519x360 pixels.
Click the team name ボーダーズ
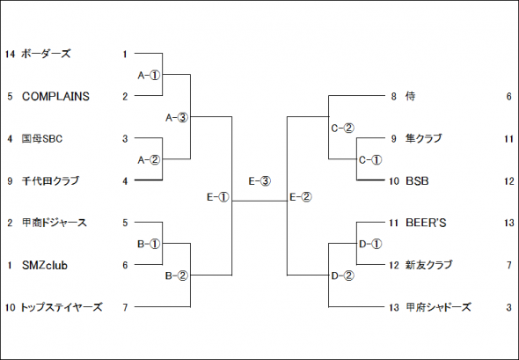pyautogui.click(x=46, y=54)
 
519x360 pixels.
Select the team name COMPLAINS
pyautogui.click(x=55, y=96)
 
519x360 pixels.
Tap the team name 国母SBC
pyautogui.click(x=42, y=138)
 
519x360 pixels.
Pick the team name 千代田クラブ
pyautogui.click(x=50, y=180)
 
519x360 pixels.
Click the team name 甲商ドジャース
pyautogui.click(x=55, y=223)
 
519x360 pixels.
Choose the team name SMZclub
pyautogui.click(x=45, y=265)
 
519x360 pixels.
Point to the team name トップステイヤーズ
pyautogui.click(x=62, y=307)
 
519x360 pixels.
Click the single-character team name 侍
pyautogui.click(x=410, y=96)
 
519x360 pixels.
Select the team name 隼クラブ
pyautogui.click(x=424, y=138)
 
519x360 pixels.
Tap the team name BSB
pyautogui.click(x=417, y=181)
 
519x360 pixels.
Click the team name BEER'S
pyautogui.click(x=426, y=223)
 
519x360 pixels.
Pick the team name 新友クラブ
pyautogui.click(x=428, y=265)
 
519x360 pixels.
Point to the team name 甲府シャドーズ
pyautogui.click(x=438, y=307)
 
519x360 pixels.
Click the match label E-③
pyautogui.click(x=259, y=181)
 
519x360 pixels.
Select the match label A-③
pyautogui.click(x=177, y=118)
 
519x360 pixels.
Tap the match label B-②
pyautogui.click(x=177, y=276)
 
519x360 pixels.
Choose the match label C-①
pyautogui.click(x=370, y=160)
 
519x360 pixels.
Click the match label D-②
pyautogui.click(x=342, y=276)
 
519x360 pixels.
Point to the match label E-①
pyautogui.click(x=218, y=197)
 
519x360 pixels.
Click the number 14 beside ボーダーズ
pyautogui.click(x=10, y=54)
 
